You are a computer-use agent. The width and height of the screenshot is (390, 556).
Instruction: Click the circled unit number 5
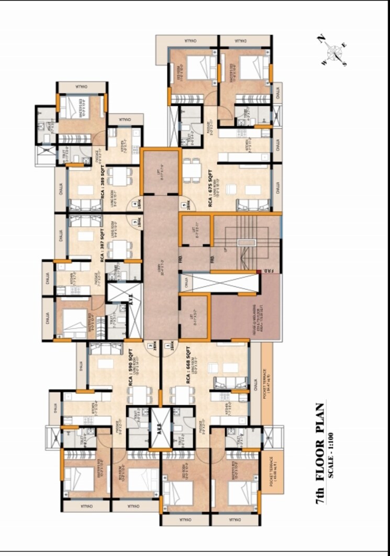[x=184, y=205]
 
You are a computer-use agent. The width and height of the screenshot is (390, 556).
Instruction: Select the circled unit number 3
[x=135, y=223]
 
